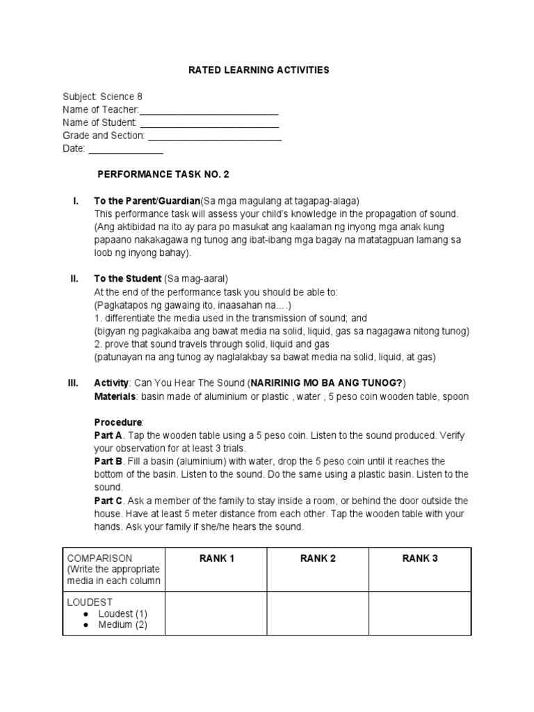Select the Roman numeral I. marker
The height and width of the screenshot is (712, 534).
click(x=75, y=201)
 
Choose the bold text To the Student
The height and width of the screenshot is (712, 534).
click(x=128, y=279)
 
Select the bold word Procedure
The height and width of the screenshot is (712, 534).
click(x=118, y=422)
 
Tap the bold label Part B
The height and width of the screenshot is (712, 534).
click(x=108, y=461)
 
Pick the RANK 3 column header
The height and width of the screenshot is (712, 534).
click(x=420, y=558)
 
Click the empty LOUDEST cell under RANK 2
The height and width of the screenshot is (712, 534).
click(x=318, y=613)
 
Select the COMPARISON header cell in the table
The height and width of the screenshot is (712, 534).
click(x=113, y=569)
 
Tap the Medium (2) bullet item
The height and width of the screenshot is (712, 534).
click(x=122, y=625)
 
